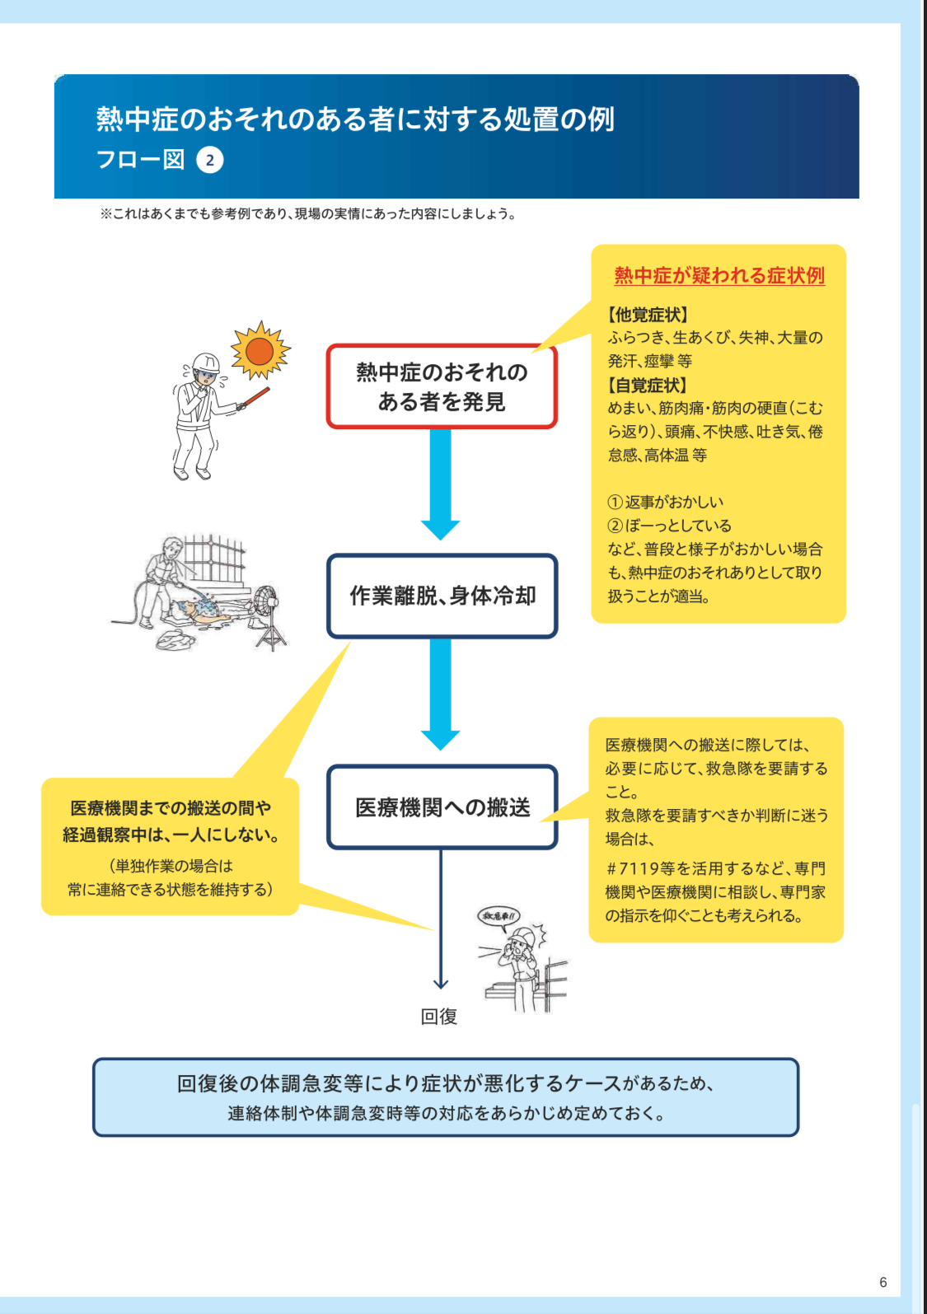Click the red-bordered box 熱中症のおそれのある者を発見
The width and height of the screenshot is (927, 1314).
coord(442,386)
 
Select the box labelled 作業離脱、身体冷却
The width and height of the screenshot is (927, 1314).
coord(442,596)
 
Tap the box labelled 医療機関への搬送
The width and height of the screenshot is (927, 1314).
coord(442,807)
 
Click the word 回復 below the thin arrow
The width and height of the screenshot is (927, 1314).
coord(439,1017)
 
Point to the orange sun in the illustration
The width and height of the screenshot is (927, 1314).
coord(260,351)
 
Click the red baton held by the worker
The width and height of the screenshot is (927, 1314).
coord(255,397)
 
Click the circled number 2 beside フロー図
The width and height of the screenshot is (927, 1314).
coord(210,160)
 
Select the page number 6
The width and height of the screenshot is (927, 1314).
coord(883,1282)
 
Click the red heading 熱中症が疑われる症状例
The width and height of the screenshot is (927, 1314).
coord(719,275)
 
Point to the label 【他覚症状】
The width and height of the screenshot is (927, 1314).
coord(648,315)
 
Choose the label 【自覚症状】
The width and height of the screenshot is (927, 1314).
coord(648,385)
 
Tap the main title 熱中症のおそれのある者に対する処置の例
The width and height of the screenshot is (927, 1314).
coord(355,119)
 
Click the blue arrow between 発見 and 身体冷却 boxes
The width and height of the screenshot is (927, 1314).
coord(441,482)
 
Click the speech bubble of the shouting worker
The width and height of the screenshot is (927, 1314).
coord(499,916)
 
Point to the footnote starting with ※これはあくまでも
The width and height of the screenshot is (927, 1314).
coord(308,214)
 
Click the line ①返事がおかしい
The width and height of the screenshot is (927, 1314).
coord(666,502)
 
